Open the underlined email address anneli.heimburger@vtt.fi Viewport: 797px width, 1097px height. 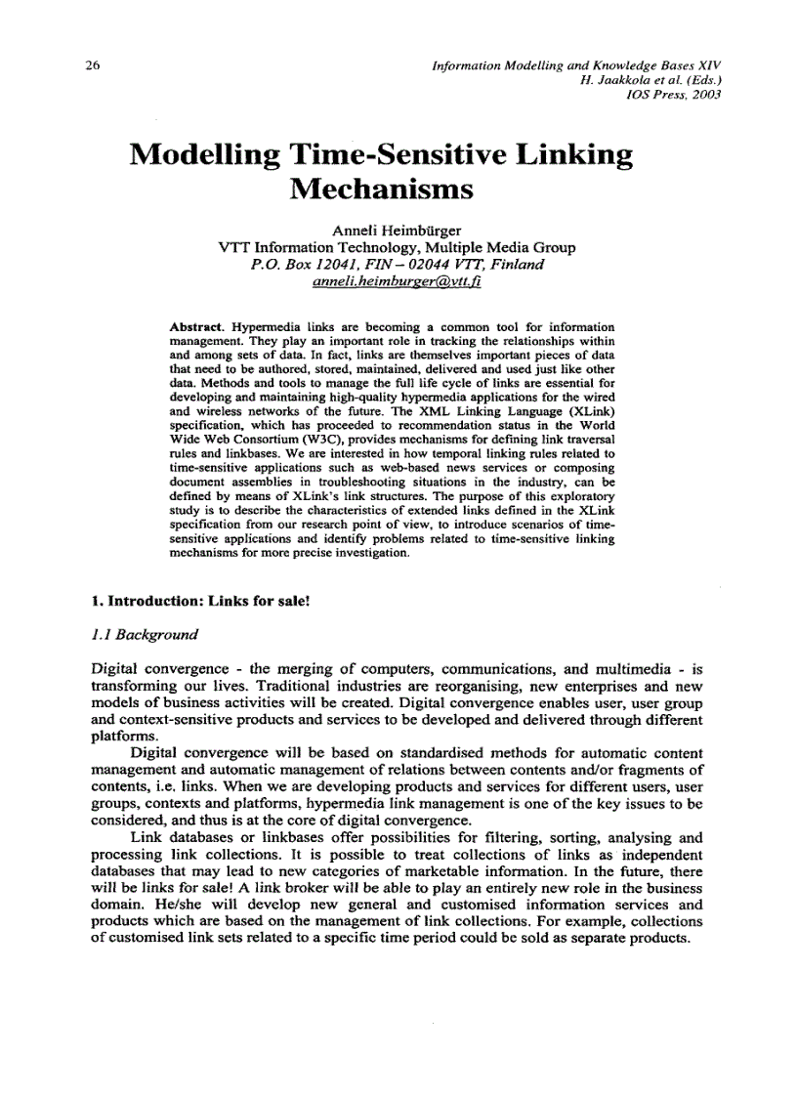396,281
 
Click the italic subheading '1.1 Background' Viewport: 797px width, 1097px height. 144,635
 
